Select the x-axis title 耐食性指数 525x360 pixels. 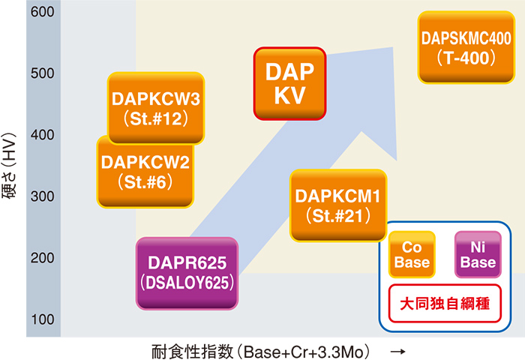tap(184, 349)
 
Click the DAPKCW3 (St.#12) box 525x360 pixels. tap(156, 108)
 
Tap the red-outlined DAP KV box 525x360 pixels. tap(289, 83)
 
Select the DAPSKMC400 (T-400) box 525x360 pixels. tap(465, 46)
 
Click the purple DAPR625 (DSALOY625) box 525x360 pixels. tap(187, 274)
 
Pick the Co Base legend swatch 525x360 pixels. tap(412, 254)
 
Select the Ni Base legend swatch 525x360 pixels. tap(478, 254)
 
